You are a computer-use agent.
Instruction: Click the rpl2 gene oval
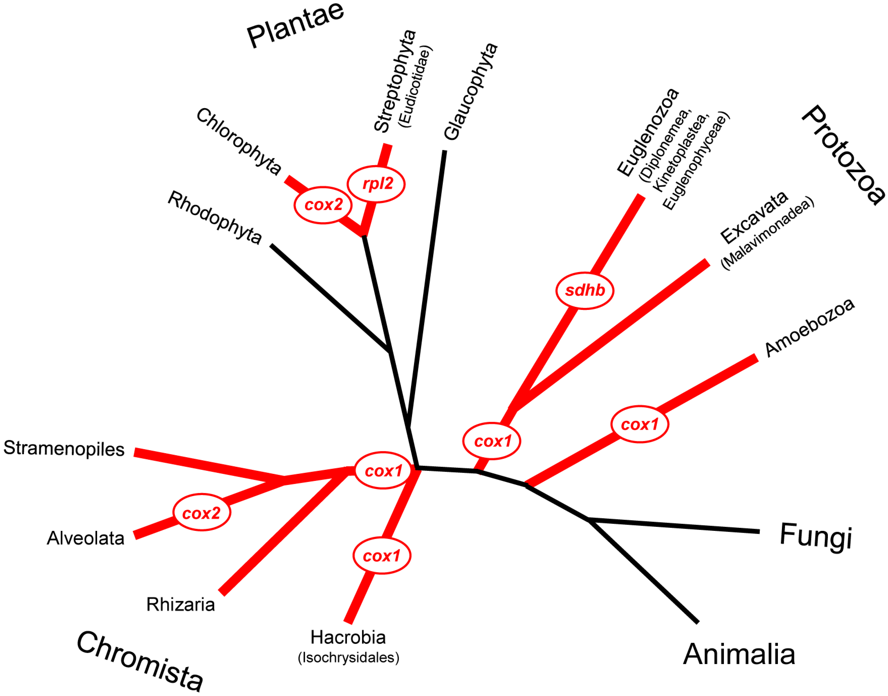click(376, 184)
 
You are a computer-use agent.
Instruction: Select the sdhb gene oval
click(584, 290)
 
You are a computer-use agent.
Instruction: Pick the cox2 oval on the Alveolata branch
click(201, 513)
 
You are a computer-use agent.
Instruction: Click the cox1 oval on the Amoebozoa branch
click(639, 424)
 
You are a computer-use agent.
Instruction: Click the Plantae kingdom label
click(296, 25)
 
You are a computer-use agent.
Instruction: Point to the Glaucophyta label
click(471, 92)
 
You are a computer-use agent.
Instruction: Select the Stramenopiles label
click(64, 449)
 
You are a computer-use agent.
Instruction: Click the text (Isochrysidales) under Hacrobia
click(349, 657)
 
